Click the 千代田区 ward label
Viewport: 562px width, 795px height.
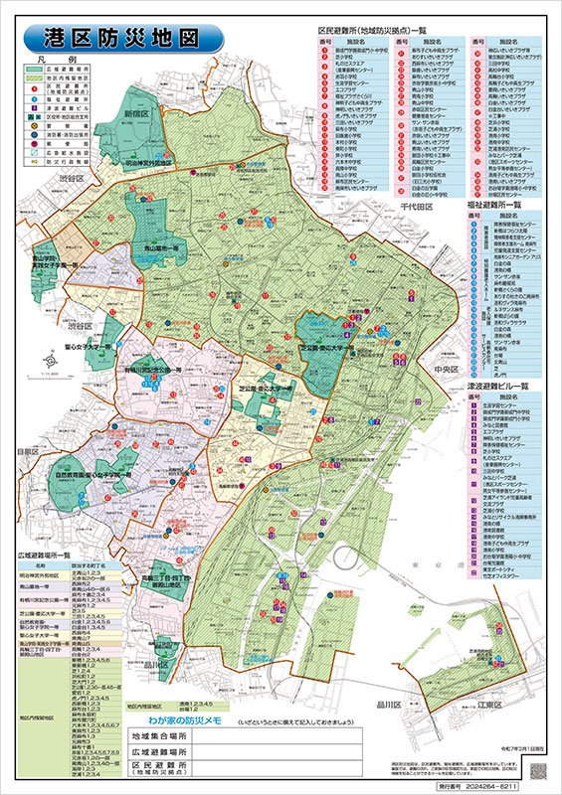(419, 210)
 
